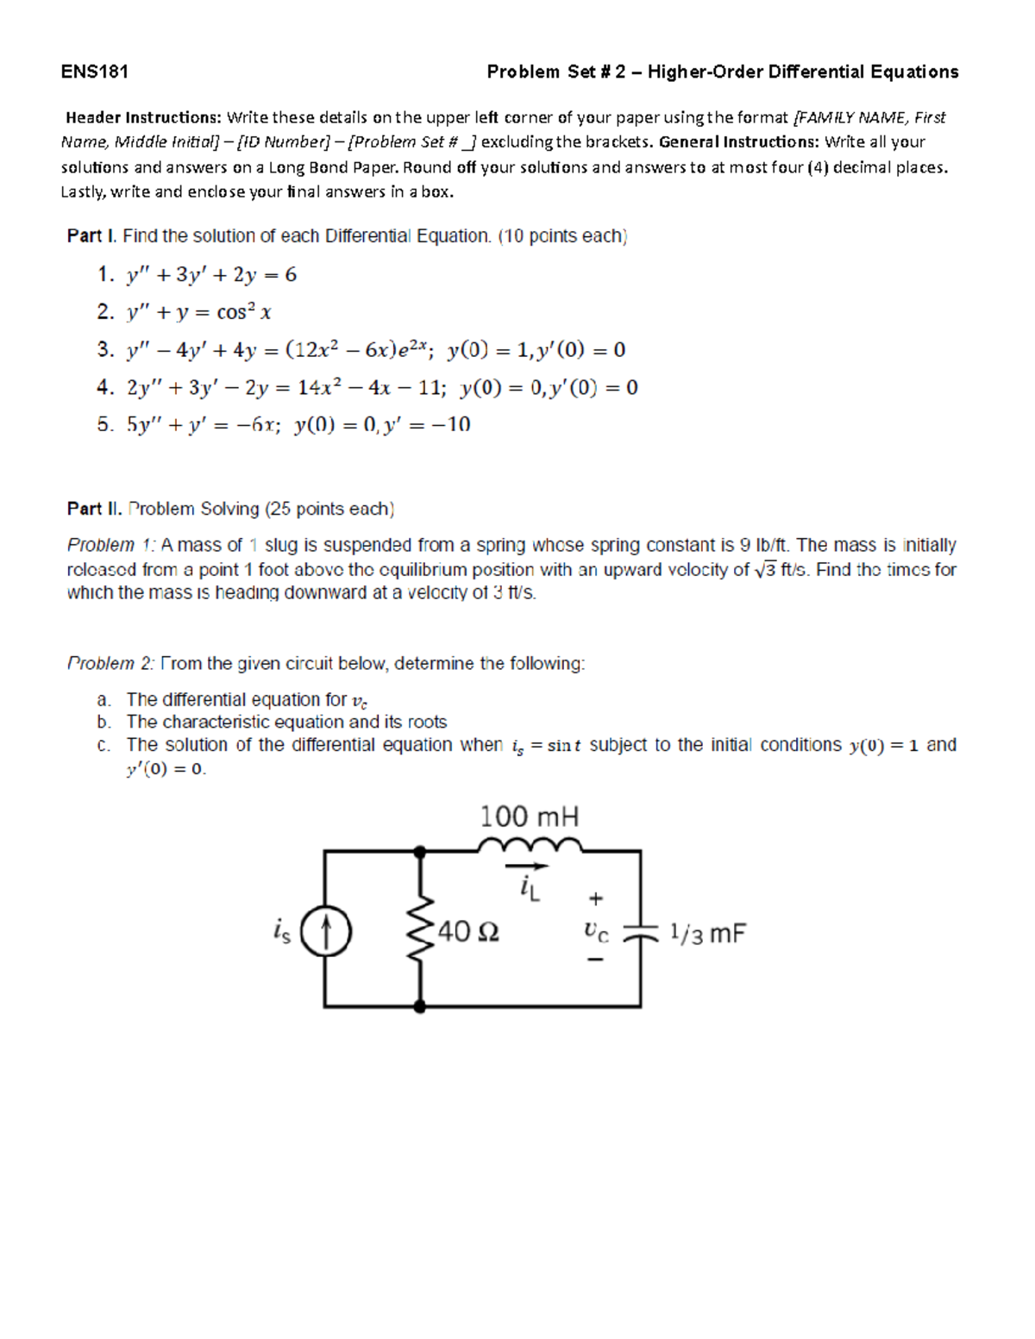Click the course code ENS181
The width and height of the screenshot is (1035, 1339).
pos(95,72)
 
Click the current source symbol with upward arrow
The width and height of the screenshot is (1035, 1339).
pos(326,932)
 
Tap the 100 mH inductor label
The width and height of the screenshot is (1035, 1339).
pos(529,816)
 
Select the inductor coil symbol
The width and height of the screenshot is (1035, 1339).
pos(530,843)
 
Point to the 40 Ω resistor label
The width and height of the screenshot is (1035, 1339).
pos(468,931)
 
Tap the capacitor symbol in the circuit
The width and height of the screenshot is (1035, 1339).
pos(640,933)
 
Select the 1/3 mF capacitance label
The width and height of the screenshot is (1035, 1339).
pos(707,933)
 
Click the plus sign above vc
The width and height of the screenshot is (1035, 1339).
pos(596,898)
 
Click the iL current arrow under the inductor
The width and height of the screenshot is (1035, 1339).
pos(526,867)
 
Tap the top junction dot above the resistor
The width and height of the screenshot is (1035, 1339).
pos(420,852)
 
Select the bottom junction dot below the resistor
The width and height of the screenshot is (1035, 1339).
pos(420,1006)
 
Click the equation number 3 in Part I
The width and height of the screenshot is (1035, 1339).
pos(104,350)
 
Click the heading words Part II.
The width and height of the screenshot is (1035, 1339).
pos(94,509)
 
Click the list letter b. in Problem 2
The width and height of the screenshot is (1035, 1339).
pos(103,722)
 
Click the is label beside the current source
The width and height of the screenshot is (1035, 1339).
pos(281,931)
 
